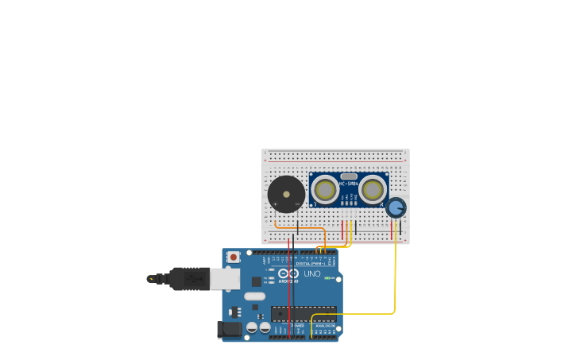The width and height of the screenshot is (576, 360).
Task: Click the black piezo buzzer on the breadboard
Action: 286,194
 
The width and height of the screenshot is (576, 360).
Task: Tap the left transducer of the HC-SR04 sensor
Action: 324,190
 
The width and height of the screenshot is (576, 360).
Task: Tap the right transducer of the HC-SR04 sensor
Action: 372,190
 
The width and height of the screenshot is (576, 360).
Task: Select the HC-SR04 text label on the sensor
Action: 348,184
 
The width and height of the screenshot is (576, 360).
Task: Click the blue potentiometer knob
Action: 396,208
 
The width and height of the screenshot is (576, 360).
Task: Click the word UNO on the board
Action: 312,274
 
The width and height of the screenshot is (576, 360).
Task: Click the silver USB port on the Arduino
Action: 225,278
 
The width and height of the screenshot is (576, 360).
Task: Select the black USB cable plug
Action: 187,278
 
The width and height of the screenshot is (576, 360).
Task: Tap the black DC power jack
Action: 230,329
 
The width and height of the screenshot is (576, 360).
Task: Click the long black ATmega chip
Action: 303,314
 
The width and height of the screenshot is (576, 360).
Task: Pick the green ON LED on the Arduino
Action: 327,277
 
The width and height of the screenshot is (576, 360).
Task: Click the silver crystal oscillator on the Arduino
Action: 254,296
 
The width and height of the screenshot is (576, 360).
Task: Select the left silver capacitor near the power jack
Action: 252,327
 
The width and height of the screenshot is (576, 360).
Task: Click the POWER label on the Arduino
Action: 298,325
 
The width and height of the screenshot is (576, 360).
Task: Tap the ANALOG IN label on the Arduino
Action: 325,325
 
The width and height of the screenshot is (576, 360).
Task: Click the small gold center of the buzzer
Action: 286,194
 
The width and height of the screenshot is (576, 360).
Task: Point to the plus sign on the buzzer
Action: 275,204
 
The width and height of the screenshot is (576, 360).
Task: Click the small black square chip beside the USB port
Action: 257,281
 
